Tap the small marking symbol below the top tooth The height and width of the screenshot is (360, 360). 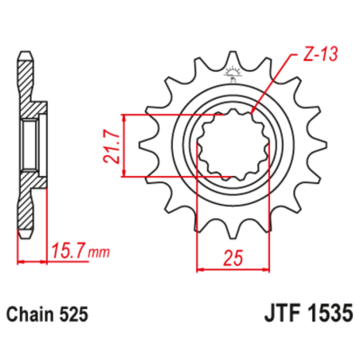[x=233, y=77]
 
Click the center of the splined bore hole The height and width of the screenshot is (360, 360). [x=233, y=145]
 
